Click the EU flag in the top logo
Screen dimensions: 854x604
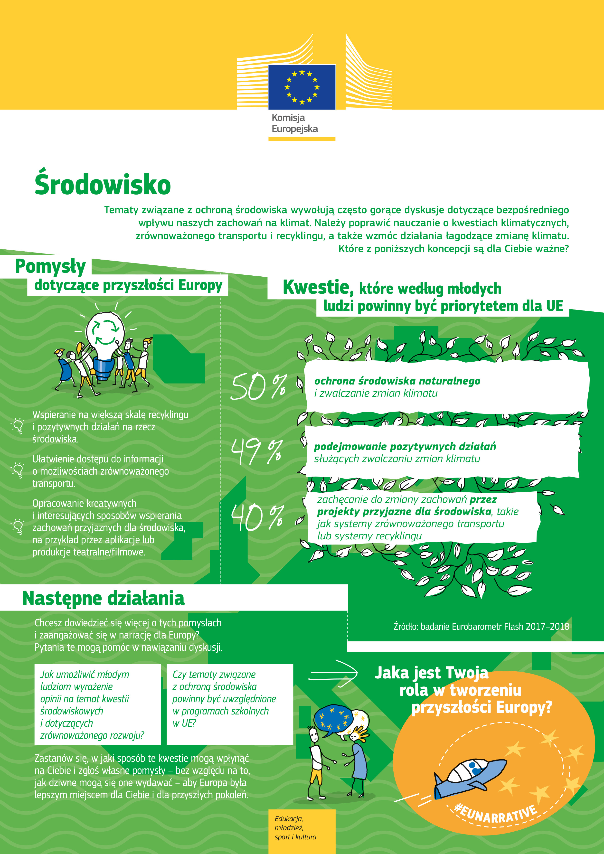302,87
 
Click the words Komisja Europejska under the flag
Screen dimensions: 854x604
294,123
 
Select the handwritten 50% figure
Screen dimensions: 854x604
258,387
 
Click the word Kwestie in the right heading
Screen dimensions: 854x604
318,287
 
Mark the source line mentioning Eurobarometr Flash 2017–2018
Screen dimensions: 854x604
481,626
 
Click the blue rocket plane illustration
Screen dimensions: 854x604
471,776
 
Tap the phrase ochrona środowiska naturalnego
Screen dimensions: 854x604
397,381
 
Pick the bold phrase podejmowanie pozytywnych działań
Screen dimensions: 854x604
405,446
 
